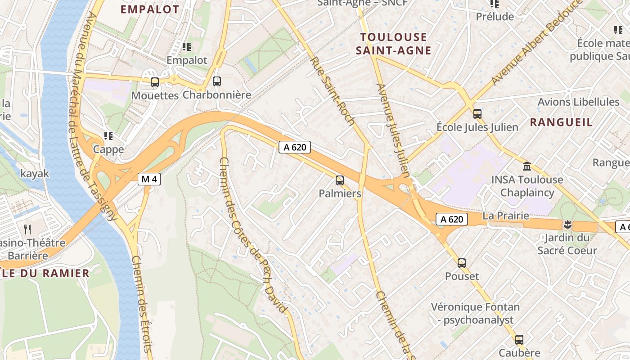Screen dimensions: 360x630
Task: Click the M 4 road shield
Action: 149,179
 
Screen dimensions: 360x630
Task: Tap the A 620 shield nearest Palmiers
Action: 295,147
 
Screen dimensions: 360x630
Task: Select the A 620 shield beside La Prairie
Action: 452,219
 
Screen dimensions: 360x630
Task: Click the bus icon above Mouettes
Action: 155,82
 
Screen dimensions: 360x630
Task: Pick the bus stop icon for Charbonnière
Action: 217,81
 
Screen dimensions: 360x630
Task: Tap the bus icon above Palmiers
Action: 340,180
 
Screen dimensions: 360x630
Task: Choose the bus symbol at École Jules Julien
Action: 477,114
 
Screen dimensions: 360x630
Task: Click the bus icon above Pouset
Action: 462,263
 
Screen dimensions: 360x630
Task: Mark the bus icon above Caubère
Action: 519,339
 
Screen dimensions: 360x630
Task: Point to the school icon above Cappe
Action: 108,135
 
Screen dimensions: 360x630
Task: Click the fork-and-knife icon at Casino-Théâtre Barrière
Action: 27,229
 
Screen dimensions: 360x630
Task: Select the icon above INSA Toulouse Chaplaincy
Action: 527,166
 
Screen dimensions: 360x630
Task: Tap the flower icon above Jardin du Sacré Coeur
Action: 567,224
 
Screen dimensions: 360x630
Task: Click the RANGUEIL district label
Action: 561,122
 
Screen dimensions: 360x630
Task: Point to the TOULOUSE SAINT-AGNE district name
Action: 393,44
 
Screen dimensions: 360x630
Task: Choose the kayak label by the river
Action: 35,173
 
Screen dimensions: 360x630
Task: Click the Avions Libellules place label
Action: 578,102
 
